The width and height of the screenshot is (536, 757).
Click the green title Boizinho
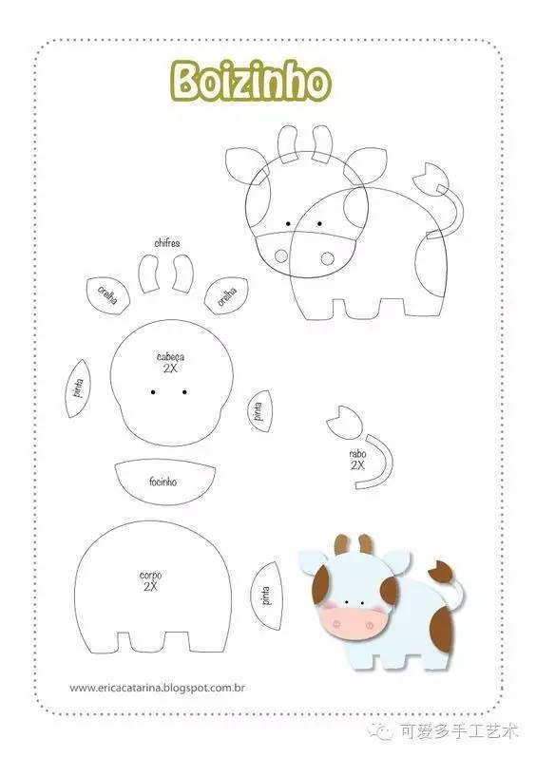pyautogui.click(x=251, y=81)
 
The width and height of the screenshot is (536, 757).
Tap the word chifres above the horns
pyautogui.click(x=167, y=243)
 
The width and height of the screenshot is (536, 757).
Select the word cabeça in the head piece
pyautogui.click(x=170, y=357)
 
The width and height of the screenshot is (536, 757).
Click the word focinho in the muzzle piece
pyautogui.click(x=163, y=482)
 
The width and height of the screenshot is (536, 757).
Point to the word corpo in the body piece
pyautogui.click(x=151, y=575)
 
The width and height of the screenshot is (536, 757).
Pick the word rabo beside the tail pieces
pyautogui.click(x=358, y=454)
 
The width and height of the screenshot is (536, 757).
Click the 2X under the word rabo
pyautogui.click(x=358, y=465)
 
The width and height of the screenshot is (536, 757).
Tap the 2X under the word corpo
pyautogui.click(x=151, y=587)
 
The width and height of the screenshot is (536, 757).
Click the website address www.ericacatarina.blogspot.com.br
pyautogui.click(x=157, y=688)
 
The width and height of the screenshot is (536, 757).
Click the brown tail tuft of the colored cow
pyautogui.click(x=440, y=571)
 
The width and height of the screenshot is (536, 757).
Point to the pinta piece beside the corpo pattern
pyautogui.click(x=266, y=596)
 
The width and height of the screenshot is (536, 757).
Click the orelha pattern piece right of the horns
pyautogui.click(x=226, y=295)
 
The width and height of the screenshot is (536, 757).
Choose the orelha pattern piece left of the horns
pyautogui.click(x=108, y=295)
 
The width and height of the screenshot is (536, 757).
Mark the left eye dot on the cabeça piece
pyautogui.click(x=153, y=392)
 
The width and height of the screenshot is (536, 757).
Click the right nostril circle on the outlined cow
pyautogui.click(x=327, y=258)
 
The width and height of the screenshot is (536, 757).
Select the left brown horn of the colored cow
pyautogui.click(x=342, y=543)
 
